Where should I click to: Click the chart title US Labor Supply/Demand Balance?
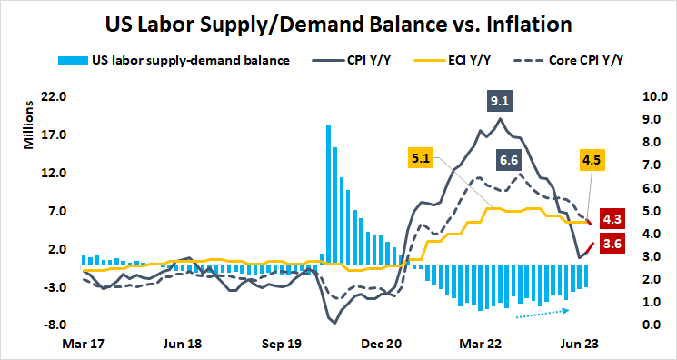pyautogui.click(x=338, y=22)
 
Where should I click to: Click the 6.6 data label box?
pyautogui.click(x=509, y=161)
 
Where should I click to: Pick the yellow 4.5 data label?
pyautogui.click(x=592, y=161)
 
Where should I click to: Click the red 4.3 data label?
pyautogui.click(x=612, y=218)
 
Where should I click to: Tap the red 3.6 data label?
pyautogui.click(x=612, y=244)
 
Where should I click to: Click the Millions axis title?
pyautogui.click(x=28, y=128)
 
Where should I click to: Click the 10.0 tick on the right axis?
pyautogui.click(x=632, y=97)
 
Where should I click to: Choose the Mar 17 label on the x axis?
pyautogui.click(x=84, y=345)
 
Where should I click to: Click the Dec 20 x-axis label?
pyautogui.click(x=383, y=345)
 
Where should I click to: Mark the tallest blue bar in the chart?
pyautogui.click(x=328, y=195)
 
